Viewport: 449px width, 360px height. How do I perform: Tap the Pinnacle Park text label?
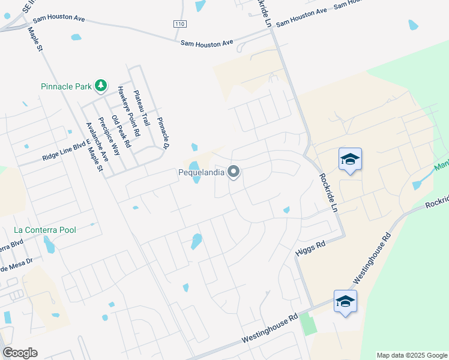[65, 86]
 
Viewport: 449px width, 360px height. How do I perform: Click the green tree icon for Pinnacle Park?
[101, 86]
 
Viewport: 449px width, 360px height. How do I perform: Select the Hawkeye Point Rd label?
[128, 110]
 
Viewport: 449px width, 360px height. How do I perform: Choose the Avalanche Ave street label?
[97, 142]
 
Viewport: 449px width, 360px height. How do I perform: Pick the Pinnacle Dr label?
[163, 133]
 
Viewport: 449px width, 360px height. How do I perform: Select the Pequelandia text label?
[202, 173]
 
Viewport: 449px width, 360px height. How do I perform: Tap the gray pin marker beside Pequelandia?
[234, 173]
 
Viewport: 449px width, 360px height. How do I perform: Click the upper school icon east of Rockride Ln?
[350, 160]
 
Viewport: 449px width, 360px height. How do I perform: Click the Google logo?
[20, 353]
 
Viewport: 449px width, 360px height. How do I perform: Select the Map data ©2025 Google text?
[412, 355]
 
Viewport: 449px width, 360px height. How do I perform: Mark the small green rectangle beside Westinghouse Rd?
[308, 324]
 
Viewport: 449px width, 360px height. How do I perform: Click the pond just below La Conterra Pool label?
[49, 244]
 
